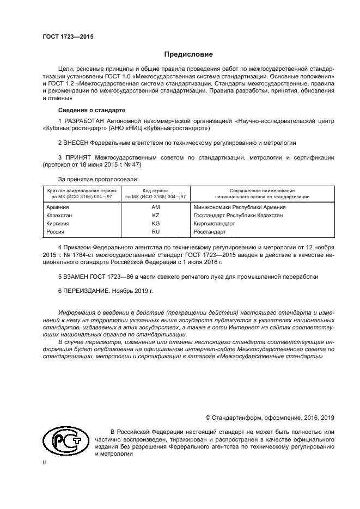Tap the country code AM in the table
[156, 207]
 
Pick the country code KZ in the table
[156, 216]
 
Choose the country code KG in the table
[156, 224]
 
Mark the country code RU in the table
[156, 232]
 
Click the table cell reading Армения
[58, 207]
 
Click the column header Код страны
[156, 191]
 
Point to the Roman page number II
[45, 462]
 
